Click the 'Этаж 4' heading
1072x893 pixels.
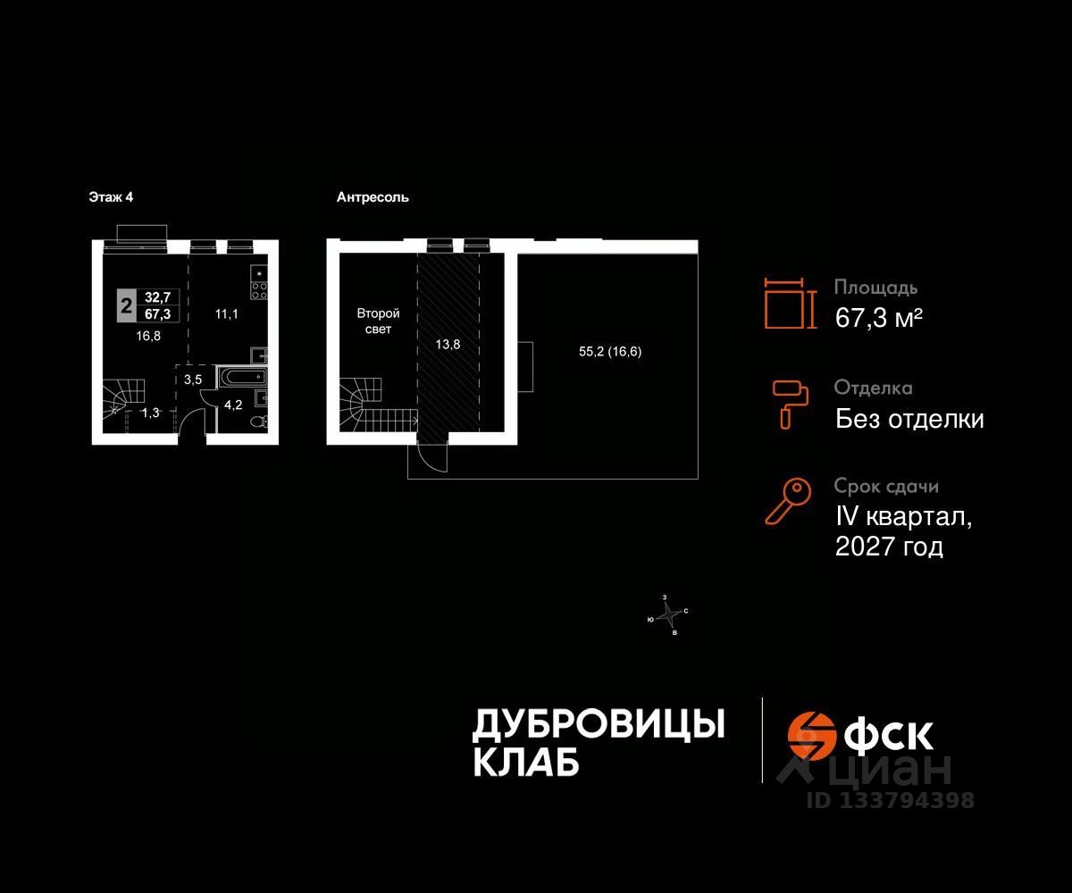[x=111, y=197]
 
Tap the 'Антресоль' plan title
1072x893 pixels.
[x=373, y=197]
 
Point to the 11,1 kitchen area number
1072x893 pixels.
[x=228, y=313]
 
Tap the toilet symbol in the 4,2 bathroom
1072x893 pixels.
[x=259, y=421]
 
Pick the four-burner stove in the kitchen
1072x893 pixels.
[x=259, y=289]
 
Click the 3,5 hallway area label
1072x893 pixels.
[x=193, y=380]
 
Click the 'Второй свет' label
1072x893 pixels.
[x=378, y=321]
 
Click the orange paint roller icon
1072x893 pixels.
[x=791, y=402]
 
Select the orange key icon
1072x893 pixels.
[x=787, y=500]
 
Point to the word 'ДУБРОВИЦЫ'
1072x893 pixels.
[x=598, y=724]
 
